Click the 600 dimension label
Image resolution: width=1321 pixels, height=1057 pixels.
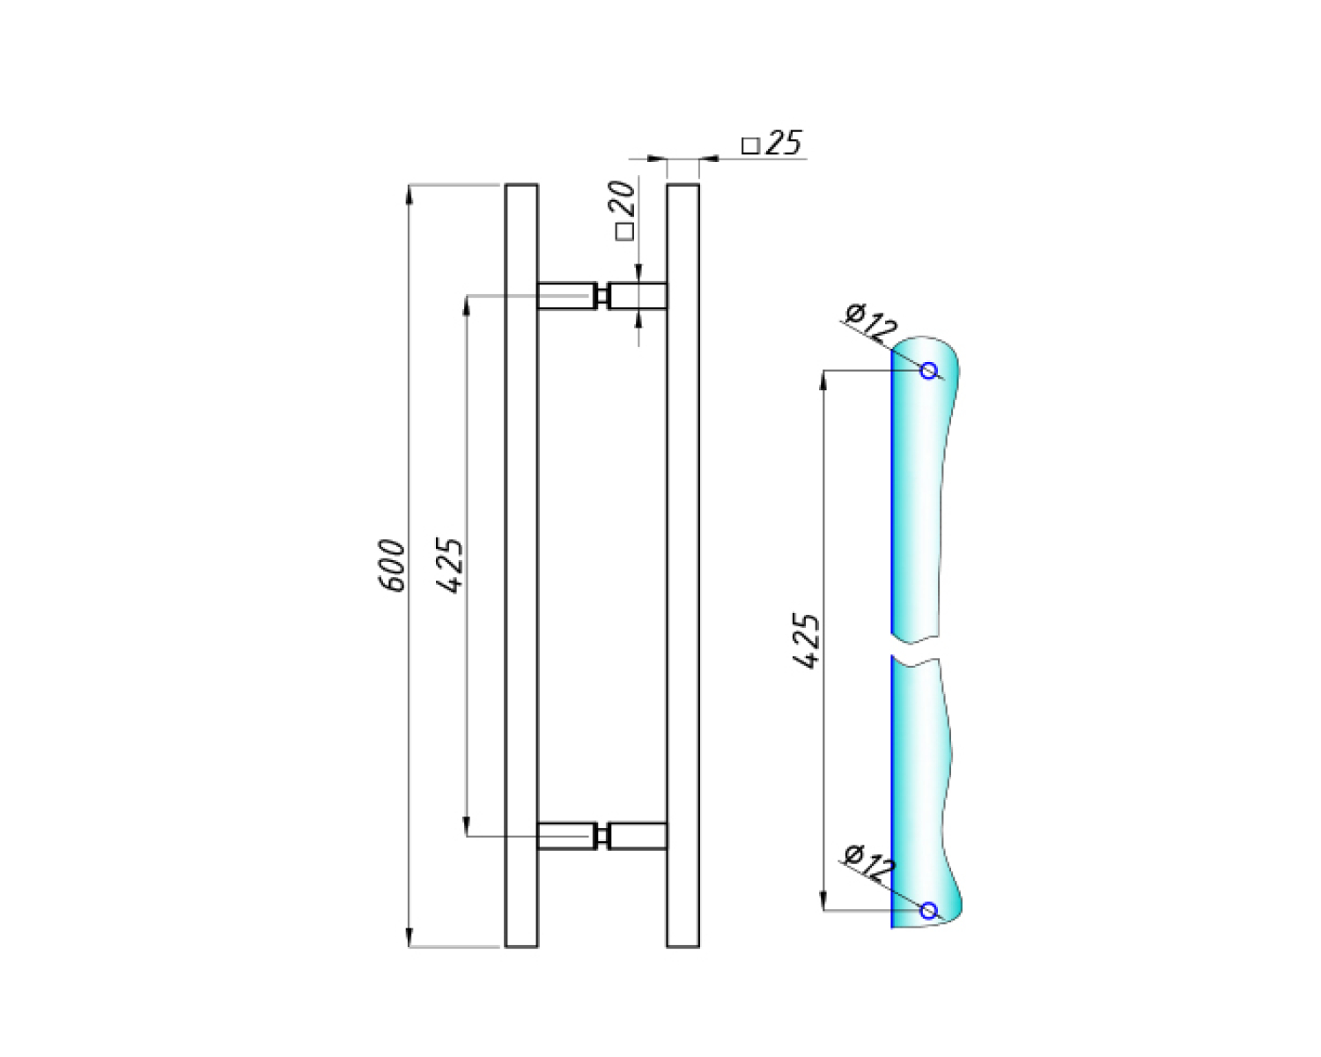click(392, 565)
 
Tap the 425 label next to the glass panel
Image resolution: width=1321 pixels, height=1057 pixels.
click(806, 640)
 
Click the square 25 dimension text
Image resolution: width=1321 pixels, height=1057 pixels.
click(771, 143)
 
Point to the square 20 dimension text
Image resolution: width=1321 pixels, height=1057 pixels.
click(624, 211)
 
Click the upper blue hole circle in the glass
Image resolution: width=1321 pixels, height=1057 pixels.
click(929, 370)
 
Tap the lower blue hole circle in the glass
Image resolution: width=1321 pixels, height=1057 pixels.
click(929, 911)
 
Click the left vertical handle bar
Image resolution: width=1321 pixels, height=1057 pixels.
click(521, 565)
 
